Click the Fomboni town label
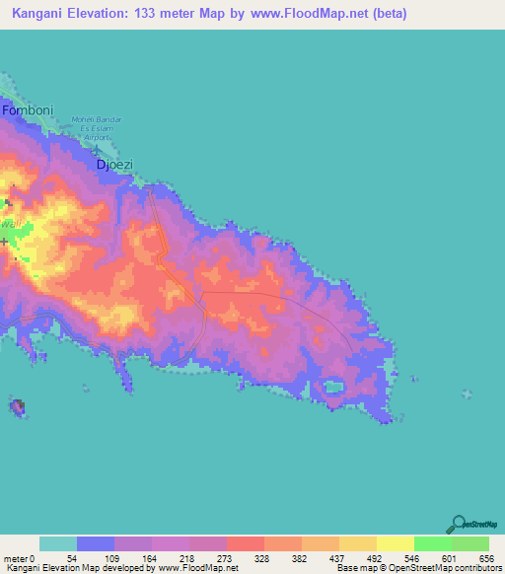pyautogui.click(x=26, y=111)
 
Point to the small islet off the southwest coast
pyautogui.click(x=18, y=405)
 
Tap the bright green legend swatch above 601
pyautogui.click(x=432, y=543)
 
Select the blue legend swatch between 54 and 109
pyautogui.click(x=96, y=543)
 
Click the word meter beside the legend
pyautogui.click(x=17, y=557)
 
